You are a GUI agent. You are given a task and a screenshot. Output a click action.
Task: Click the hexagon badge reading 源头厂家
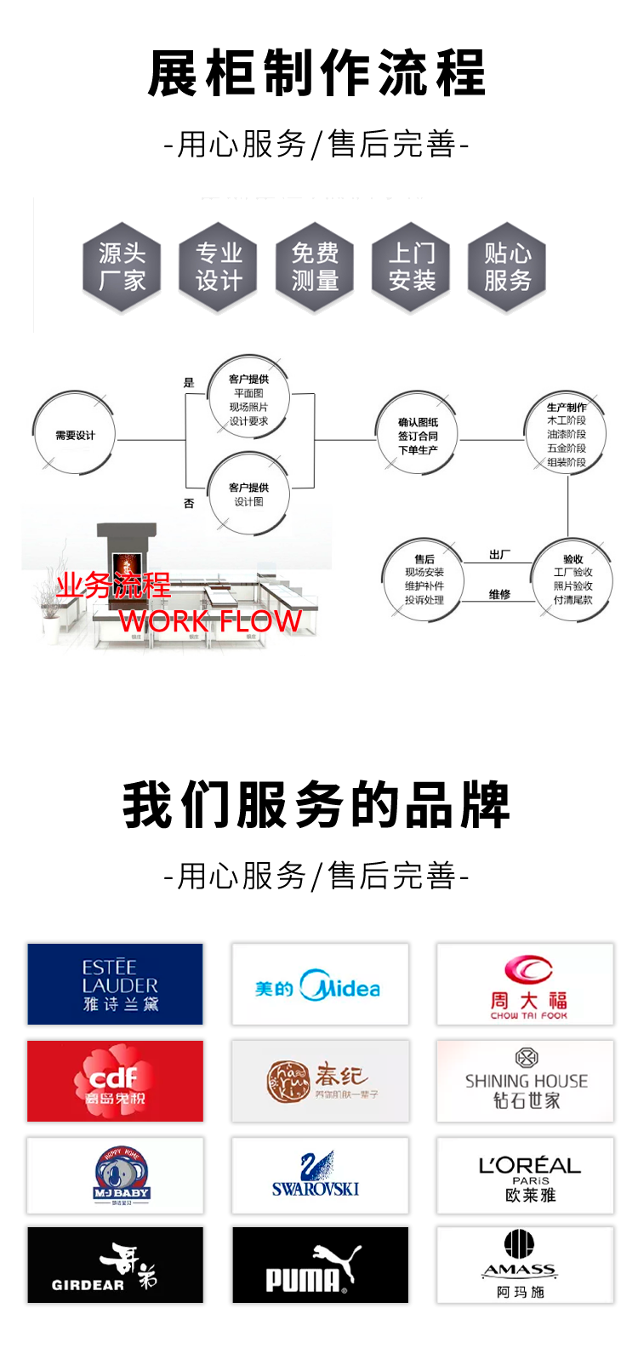tap(122, 267)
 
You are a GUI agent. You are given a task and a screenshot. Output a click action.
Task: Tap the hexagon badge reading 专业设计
tap(219, 267)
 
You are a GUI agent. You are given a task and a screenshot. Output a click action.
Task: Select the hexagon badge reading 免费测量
tap(316, 267)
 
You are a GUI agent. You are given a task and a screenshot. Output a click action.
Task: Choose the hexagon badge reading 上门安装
tap(412, 267)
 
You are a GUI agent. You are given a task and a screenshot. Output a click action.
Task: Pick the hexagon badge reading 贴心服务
tap(508, 267)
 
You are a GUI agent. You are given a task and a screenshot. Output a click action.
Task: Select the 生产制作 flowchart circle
tap(567, 435)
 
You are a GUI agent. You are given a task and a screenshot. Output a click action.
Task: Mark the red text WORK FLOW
tap(210, 621)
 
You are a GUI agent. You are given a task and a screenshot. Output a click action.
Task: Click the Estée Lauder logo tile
tap(115, 984)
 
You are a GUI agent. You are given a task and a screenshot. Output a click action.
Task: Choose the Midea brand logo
tap(320, 985)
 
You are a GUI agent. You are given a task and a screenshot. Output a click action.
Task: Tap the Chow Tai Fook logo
tap(525, 985)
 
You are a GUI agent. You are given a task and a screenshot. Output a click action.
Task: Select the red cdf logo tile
tap(115, 1081)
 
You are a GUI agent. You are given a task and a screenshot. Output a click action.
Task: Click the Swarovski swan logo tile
tap(320, 1175)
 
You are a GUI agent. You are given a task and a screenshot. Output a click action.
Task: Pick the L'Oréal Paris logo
tap(525, 1175)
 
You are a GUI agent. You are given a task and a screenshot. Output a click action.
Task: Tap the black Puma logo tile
tap(320, 1265)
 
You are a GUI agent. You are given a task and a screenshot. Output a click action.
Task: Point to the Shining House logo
tap(525, 1081)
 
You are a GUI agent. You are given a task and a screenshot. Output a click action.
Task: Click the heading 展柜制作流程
tap(316, 73)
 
